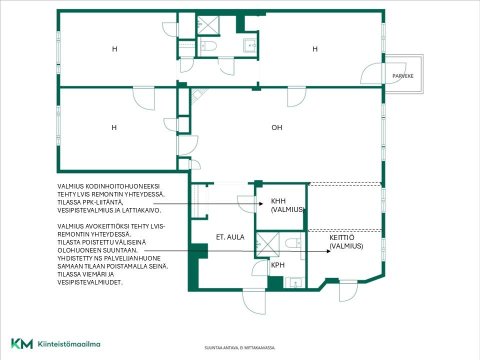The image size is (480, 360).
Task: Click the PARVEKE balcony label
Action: [403, 76]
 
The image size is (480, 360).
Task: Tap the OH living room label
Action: [276, 127]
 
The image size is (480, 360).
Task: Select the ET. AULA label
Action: [230, 237]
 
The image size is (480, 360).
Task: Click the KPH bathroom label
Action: [277, 265]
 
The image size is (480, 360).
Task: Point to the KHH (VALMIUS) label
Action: [287, 205]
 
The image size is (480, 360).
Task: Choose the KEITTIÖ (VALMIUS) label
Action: [346, 242]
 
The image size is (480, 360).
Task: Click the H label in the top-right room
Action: [315, 49]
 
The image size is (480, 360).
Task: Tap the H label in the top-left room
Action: [114, 49]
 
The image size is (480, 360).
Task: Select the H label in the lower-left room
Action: [114, 127]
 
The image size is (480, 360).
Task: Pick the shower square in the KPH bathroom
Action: [267, 244]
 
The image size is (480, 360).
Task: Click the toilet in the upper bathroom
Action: [209, 46]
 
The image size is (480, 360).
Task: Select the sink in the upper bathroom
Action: [250, 45]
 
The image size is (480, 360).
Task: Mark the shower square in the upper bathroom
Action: [208, 25]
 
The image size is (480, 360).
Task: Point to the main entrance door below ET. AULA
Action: [254, 301]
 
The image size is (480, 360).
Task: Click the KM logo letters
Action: [21, 343]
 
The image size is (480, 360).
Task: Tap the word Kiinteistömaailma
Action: [69, 344]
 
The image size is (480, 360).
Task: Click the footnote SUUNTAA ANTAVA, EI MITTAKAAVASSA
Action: [240, 348]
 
